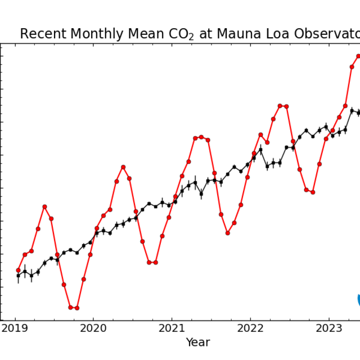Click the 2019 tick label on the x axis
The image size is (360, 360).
[x=15, y=328]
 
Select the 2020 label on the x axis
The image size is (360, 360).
[x=93, y=328]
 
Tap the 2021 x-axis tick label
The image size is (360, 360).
[x=172, y=328]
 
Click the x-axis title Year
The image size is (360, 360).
[x=197, y=342]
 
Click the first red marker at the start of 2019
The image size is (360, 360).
[x=18, y=270]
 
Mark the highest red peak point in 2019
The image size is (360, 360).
[x=44, y=207]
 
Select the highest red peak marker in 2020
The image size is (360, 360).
[x=123, y=167]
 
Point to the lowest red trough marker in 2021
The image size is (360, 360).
[x=228, y=233]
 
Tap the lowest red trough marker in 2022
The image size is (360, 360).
[x=313, y=192]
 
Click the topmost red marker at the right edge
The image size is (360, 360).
[x=358, y=56]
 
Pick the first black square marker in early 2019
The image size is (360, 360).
[x=18, y=276]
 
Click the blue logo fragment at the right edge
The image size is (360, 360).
[x=358, y=300]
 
